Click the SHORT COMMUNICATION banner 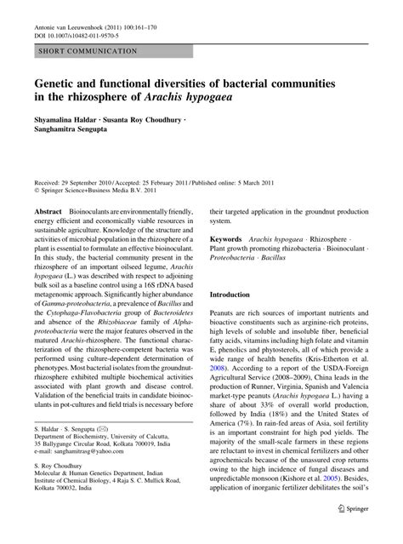tap(85, 52)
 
